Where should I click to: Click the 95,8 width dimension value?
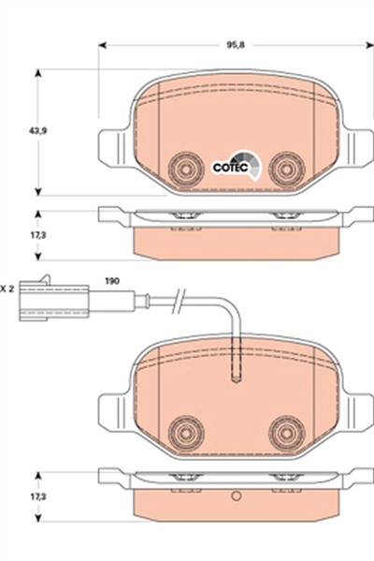236,46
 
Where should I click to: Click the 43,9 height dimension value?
37,131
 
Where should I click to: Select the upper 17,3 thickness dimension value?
37,235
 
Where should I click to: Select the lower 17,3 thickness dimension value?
37,496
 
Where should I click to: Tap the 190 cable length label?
112,281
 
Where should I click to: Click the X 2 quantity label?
7,288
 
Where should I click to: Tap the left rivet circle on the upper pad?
186,170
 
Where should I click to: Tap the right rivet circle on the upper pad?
287,170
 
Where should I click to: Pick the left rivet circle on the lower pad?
186,434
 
